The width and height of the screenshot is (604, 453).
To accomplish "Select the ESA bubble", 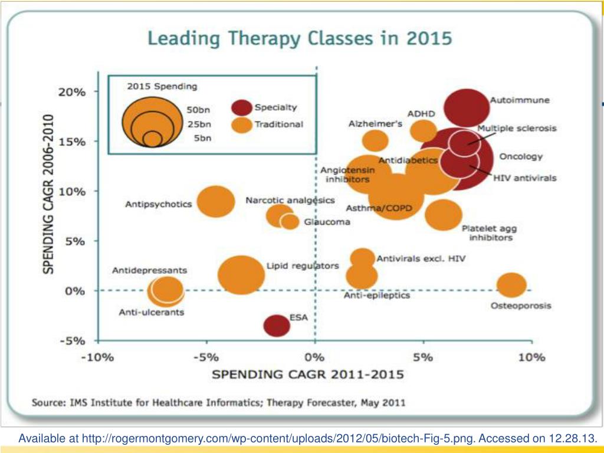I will pyautogui.click(x=275, y=325).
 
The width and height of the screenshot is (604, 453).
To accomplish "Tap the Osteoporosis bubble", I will pyautogui.click(x=511, y=285).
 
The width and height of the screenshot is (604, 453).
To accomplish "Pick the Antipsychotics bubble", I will pyautogui.click(x=216, y=201).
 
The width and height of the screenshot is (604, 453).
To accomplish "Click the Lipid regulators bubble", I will pyautogui.click(x=241, y=274).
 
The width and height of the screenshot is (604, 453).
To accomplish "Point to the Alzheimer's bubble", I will pyautogui.click(x=375, y=141).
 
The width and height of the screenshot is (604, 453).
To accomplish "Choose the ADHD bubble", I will pyautogui.click(x=423, y=130).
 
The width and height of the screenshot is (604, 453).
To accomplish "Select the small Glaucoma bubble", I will pyautogui.click(x=290, y=222).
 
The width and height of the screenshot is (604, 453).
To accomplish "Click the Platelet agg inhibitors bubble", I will pyautogui.click(x=444, y=215).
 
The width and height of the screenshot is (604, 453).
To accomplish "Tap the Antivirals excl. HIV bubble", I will pyautogui.click(x=363, y=258).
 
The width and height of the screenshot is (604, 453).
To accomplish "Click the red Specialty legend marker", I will pyautogui.click(x=242, y=108).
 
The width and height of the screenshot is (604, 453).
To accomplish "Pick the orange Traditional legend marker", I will pyautogui.click(x=242, y=124).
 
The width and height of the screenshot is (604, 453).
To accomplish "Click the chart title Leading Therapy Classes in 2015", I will pyautogui.click(x=300, y=40).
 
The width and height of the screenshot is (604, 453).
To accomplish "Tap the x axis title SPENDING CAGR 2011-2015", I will pyautogui.click(x=308, y=375).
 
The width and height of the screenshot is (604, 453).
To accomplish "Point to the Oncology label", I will pyautogui.click(x=521, y=157).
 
